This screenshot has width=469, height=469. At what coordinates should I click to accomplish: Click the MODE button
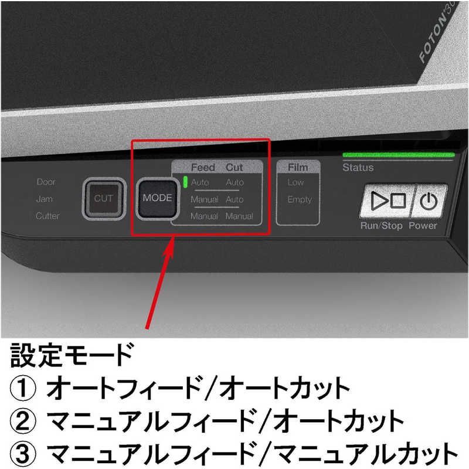pyautogui.click(x=157, y=198)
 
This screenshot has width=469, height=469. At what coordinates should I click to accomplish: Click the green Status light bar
pyautogui.click(x=399, y=155)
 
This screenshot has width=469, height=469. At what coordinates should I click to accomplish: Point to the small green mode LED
pyautogui.click(x=185, y=182)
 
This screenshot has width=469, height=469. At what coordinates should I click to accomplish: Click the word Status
pyautogui.click(x=358, y=168)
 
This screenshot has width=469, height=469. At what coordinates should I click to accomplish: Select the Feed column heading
pyautogui.click(x=203, y=168)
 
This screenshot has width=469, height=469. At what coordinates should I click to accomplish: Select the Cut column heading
pyautogui.click(x=235, y=168)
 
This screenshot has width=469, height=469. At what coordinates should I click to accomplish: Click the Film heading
pyautogui.click(x=298, y=168)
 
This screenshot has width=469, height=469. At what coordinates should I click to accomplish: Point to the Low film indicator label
pyautogui.click(x=295, y=182)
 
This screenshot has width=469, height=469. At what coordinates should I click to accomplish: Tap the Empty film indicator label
pyautogui.click(x=299, y=199)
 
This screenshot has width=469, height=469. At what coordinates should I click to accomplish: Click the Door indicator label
pyautogui.click(x=46, y=182)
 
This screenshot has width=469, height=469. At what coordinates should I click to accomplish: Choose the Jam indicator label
pyautogui.click(x=44, y=199)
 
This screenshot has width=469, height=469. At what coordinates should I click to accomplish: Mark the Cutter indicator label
pyautogui.click(x=47, y=216)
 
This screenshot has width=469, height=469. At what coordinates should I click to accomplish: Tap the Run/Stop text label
pyautogui.click(x=381, y=226)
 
